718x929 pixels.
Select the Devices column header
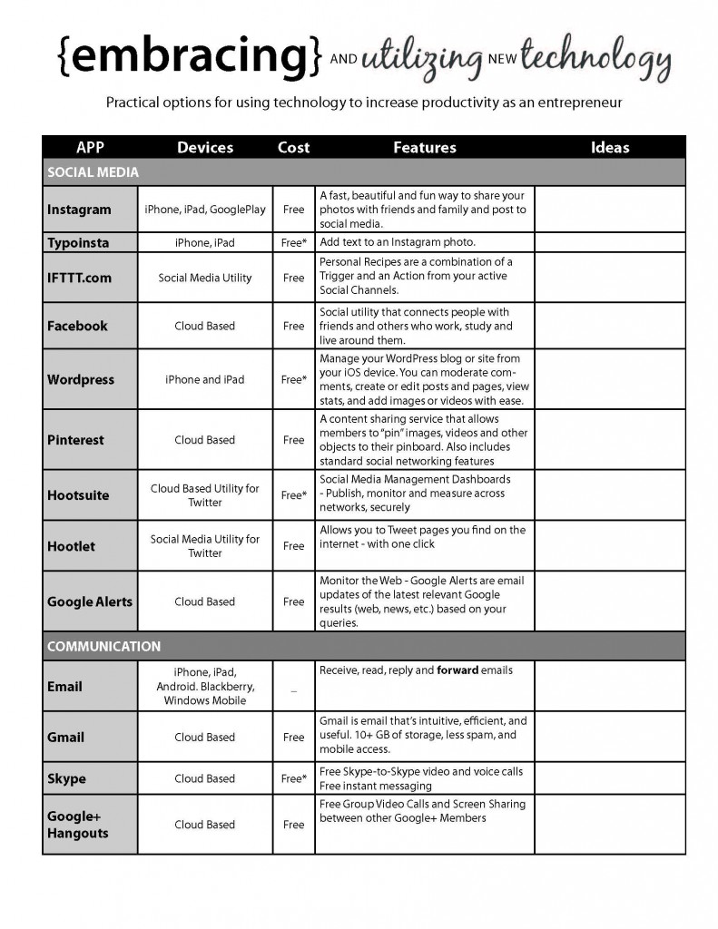[x=205, y=147]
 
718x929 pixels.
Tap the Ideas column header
[x=610, y=147]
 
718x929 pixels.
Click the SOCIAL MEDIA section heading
[x=93, y=171]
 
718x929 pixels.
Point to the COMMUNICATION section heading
[x=103, y=647]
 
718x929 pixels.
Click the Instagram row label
[x=79, y=210]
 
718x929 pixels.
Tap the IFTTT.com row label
[x=79, y=278]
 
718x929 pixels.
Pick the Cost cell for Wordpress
[x=293, y=379]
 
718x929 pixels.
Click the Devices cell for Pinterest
[x=204, y=440]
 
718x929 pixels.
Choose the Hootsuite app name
[x=78, y=495]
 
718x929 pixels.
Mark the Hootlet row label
[x=71, y=546]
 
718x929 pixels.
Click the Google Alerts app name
[x=90, y=601]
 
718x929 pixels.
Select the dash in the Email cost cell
[x=293, y=691]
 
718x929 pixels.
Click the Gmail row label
[x=65, y=738]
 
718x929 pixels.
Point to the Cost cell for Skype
[x=293, y=778]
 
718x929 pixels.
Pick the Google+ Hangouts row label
[x=77, y=825]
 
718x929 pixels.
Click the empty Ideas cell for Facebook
[x=610, y=326]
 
